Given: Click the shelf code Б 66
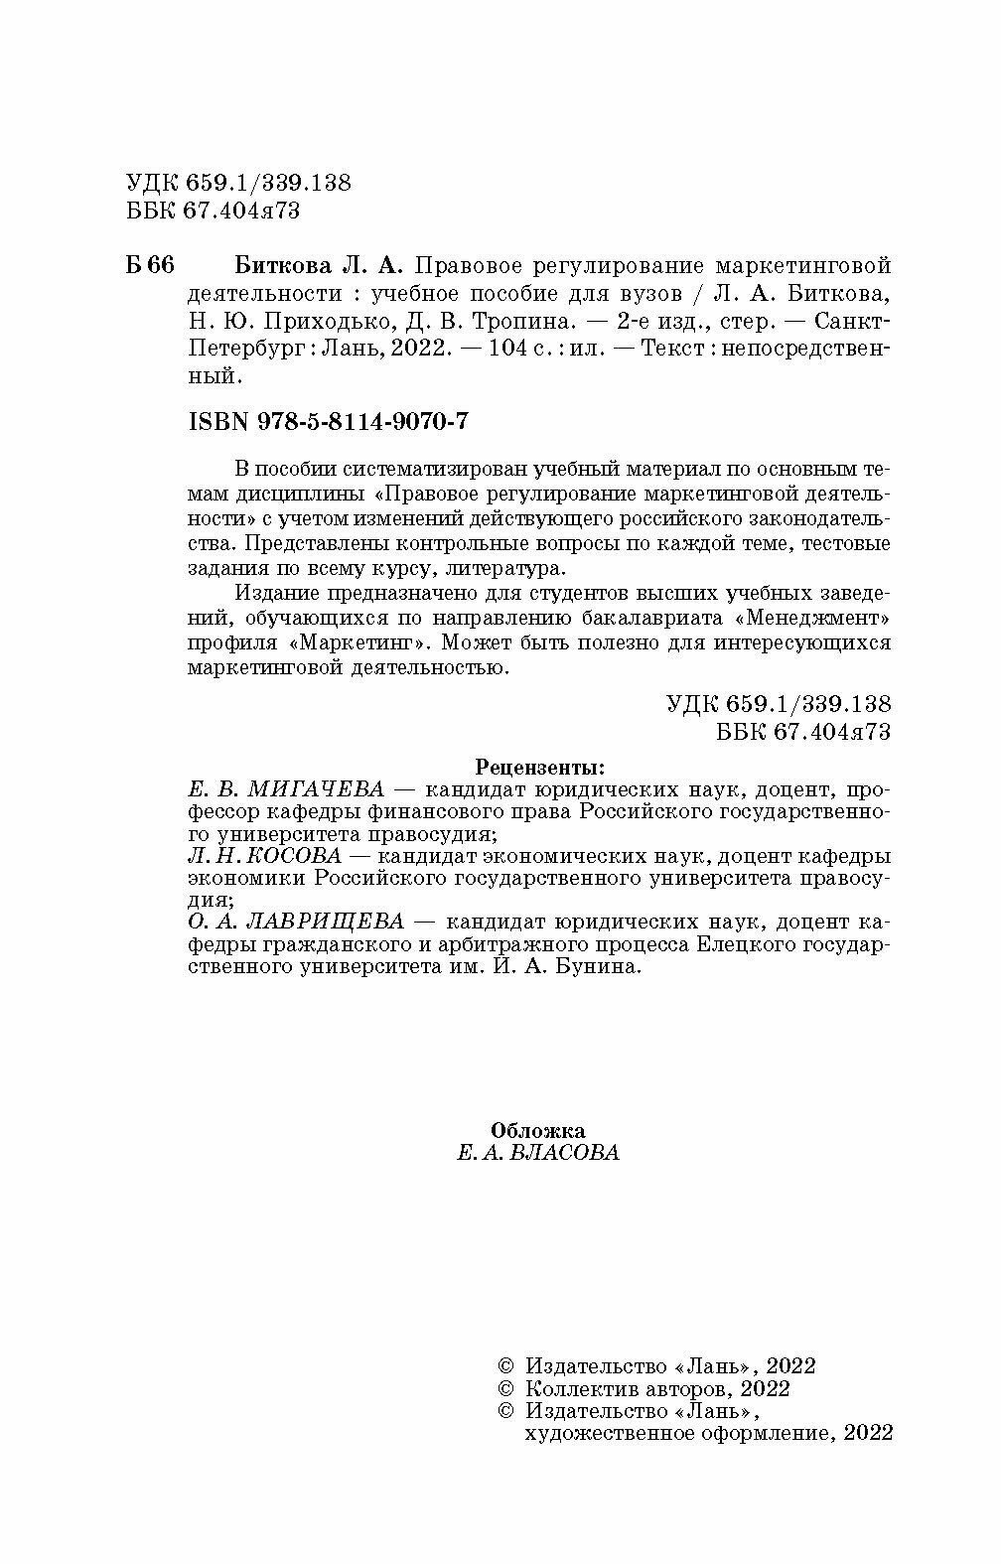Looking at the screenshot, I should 150,266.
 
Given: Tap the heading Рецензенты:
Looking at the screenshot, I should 539,767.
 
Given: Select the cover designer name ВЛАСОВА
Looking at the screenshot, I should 563,1153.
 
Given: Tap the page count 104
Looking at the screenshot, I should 501,351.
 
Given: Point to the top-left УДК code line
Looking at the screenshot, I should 239,183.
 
